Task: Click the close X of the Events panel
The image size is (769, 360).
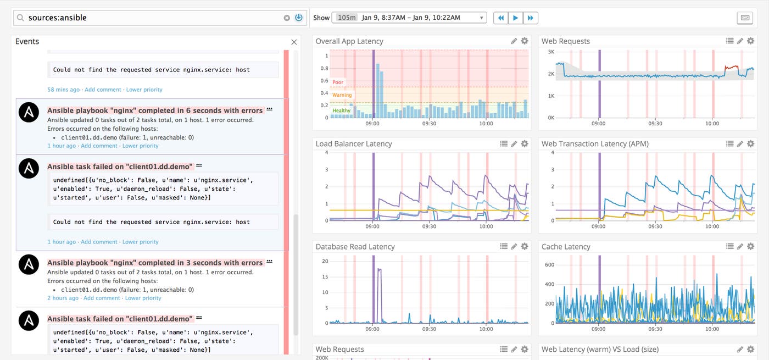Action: [294, 42]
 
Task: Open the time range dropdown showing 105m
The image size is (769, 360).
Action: [409, 18]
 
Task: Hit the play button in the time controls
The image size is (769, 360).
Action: [515, 18]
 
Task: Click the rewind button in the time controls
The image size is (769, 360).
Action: [500, 18]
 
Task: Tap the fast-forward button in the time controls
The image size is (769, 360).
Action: [530, 18]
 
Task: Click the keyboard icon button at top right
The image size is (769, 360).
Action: [745, 18]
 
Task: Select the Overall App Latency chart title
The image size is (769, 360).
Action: [349, 41]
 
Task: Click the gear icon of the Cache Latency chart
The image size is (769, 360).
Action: [751, 247]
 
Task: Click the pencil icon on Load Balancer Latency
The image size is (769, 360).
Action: [514, 144]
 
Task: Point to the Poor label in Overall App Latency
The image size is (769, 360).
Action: [338, 82]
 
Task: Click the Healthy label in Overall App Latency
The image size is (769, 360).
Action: [341, 110]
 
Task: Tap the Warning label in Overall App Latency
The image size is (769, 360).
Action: [342, 95]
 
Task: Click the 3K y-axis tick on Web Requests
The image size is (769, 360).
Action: [551, 51]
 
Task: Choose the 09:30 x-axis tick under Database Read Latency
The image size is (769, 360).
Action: [429, 329]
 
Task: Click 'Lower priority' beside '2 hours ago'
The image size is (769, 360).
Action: [143, 298]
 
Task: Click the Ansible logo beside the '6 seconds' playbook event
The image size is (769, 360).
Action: [29, 112]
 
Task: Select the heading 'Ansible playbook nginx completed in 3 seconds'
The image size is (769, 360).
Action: [155, 263]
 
